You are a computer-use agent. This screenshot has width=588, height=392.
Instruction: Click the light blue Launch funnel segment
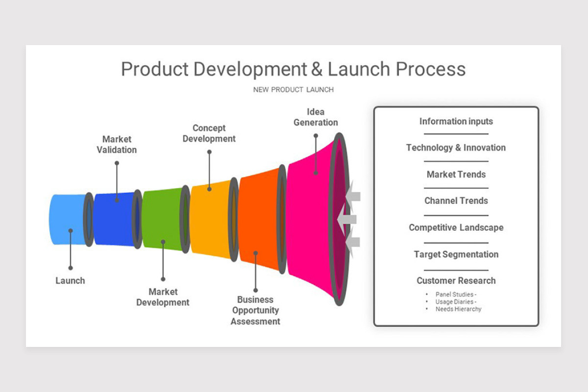point(66,219)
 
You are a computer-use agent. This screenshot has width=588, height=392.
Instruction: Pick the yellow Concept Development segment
point(210,219)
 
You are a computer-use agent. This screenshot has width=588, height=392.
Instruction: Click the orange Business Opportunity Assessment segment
point(258,219)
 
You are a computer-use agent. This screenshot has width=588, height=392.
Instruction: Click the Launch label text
point(70,281)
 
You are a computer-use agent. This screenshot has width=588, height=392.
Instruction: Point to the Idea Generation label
point(316,117)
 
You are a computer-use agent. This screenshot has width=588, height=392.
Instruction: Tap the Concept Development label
point(209,133)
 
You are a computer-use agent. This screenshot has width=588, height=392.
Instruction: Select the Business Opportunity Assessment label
point(255,311)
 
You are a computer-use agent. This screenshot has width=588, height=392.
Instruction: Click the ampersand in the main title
point(317,69)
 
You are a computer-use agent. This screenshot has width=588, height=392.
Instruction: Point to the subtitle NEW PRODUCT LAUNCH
point(293,90)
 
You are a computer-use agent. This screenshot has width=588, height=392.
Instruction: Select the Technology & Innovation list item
point(456,147)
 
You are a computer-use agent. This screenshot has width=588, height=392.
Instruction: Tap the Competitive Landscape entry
point(456,227)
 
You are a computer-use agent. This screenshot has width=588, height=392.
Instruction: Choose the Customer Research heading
point(456,281)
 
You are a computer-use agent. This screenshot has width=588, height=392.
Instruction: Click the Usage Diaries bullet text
point(455,302)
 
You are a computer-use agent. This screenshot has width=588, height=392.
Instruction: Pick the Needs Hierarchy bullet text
point(458,309)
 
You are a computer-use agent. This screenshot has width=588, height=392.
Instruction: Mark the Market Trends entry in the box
point(456,174)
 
